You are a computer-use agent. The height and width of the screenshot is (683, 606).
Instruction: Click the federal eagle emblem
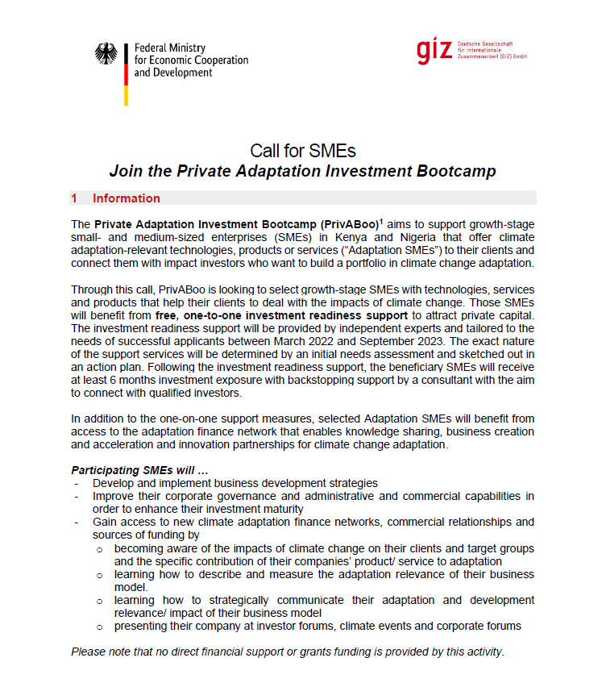[x=106, y=54]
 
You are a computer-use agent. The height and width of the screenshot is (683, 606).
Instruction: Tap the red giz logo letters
[x=434, y=51]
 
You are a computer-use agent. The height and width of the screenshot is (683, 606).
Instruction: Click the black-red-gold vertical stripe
[x=126, y=73]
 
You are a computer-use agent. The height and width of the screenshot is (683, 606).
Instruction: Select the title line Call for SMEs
[x=302, y=151]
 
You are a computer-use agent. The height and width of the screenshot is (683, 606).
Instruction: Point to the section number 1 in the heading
[x=74, y=198]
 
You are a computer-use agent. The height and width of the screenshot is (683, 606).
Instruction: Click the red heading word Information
[x=126, y=198]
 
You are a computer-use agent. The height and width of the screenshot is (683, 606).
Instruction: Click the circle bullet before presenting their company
[x=99, y=626]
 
